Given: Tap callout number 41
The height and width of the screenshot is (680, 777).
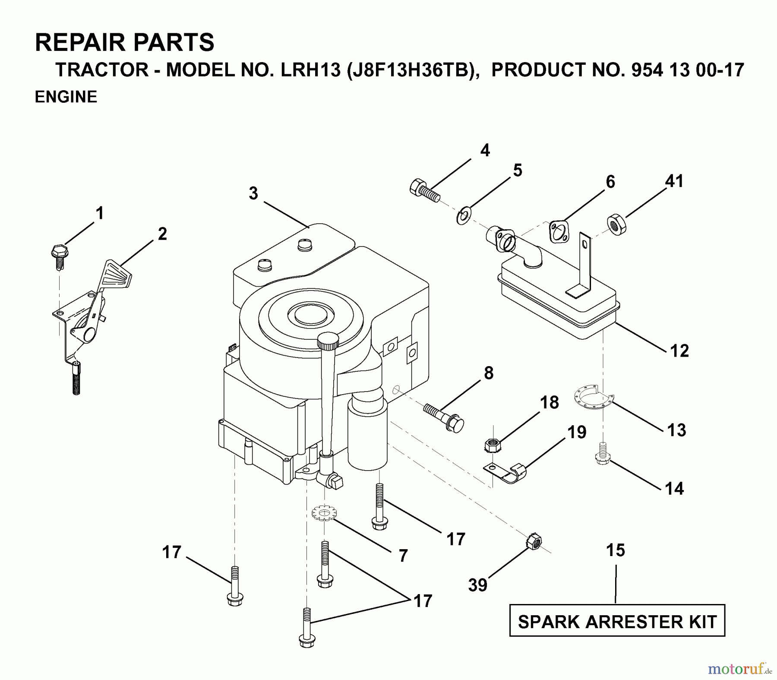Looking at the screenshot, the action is [674, 181].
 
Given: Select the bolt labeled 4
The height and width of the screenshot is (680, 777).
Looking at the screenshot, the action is [424, 191].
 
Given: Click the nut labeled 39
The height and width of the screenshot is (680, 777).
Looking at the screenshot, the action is [534, 541].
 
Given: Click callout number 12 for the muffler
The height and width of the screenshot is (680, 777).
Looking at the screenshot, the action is [679, 351].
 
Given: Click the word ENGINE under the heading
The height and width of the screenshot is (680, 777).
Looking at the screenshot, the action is [66, 97].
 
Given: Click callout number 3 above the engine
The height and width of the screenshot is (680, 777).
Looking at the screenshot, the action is [253, 193].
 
